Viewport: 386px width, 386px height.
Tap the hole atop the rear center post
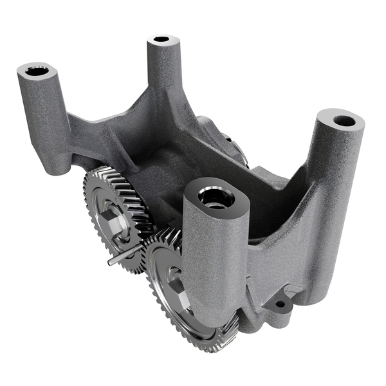[161, 40]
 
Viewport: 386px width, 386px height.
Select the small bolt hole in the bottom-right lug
[280, 304]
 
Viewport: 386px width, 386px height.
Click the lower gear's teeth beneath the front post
[219, 338]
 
